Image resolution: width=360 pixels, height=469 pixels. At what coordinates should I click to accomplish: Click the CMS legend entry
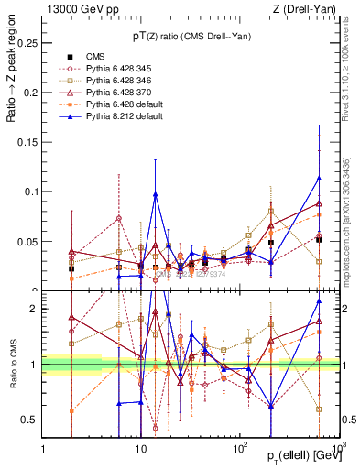pos(95,57)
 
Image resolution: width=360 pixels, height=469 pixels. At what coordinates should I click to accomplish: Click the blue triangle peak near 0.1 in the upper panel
pos(156,194)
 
